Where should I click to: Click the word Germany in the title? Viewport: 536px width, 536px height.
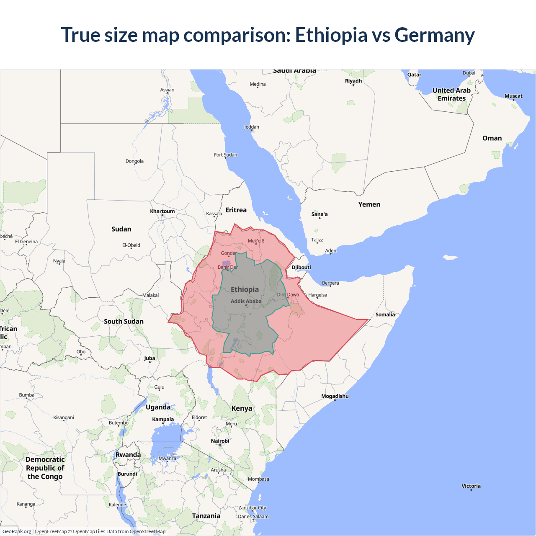coord(434,35)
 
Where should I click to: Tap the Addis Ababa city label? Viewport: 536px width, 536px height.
coord(246,301)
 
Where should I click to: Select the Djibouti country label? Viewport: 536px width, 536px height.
coord(301,267)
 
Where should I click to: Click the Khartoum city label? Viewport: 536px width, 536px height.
coord(162,211)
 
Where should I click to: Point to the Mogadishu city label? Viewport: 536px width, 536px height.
coord(335,396)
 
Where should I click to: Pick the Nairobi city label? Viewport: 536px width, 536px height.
coord(220,441)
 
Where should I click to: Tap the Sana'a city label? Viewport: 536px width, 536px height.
coord(320,214)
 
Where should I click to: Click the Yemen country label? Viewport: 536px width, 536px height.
coord(369,204)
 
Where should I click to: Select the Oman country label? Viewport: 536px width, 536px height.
coord(492,138)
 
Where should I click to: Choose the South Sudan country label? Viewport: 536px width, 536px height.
coord(124,321)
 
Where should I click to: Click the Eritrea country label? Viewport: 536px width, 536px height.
coord(236,210)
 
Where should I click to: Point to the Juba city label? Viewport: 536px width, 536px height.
coord(149,358)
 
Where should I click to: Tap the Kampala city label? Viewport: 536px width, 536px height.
coord(163,419)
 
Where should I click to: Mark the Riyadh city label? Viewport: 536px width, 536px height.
coord(353,81)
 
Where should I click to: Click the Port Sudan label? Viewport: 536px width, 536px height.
coord(225,155)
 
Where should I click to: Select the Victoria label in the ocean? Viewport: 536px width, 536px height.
coord(471,486)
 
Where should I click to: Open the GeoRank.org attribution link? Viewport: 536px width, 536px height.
coord(17,531)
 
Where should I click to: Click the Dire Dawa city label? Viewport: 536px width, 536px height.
coord(288,294)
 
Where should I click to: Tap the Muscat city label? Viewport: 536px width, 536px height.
coord(513,96)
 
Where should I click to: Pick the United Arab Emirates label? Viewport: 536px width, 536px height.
coord(451,94)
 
